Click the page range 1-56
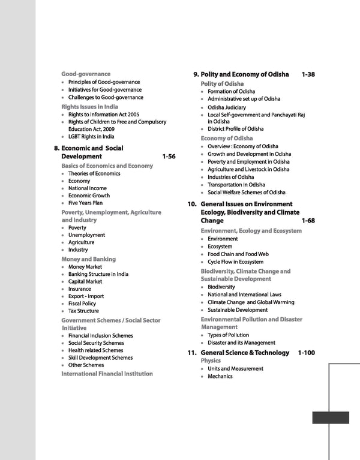pyautogui.click(x=169, y=157)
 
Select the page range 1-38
pyautogui.click(x=308, y=74)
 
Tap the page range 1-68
pyautogui.click(x=308, y=221)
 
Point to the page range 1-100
pyautogui.click(x=307, y=353)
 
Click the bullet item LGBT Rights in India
pyautogui.click(x=94, y=136)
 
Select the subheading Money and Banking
pyautogui.click(x=89, y=259)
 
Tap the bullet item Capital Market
pyautogui.click(x=85, y=281)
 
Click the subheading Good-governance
pyautogui.click(x=86, y=74)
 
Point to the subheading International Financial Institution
pyautogui.click(x=107, y=374)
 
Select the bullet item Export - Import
pyautogui.click(x=86, y=296)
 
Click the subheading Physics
pyautogui.click(x=211, y=361)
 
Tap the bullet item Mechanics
pyautogui.click(x=220, y=376)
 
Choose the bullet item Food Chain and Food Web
pyautogui.click(x=238, y=254)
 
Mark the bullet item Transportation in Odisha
pyautogui.click(x=241, y=185)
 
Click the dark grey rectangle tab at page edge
pyautogui.click(x=331, y=417)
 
